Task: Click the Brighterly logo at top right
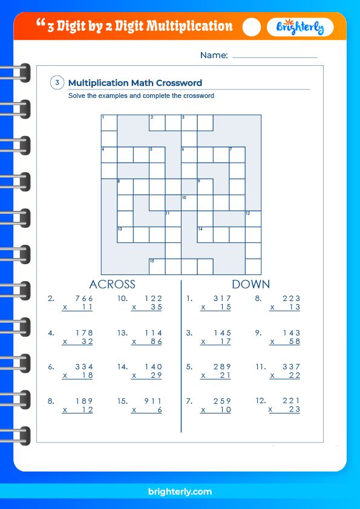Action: tap(299, 27)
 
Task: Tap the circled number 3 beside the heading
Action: tap(57, 83)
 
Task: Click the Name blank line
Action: tap(275, 56)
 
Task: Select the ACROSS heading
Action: tap(112, 284)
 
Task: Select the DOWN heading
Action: tap(250, 284)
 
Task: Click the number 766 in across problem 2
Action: tap(83, 299)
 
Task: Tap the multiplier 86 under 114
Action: tap(156, 342)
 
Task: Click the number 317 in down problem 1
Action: tap(222, 299)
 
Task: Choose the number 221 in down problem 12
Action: tap(291, 401)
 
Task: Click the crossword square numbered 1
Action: tap(109, 123)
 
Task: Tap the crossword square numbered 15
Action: tap(157, 266)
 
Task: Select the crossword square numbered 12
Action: tap(253, 218)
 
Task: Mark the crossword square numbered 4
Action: tap(109, 154)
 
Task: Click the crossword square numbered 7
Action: tap(237, 154)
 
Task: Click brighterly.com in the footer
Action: tap(180, 491)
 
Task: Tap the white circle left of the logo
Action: tap(252, 27)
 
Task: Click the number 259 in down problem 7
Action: tap(222, 401)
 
